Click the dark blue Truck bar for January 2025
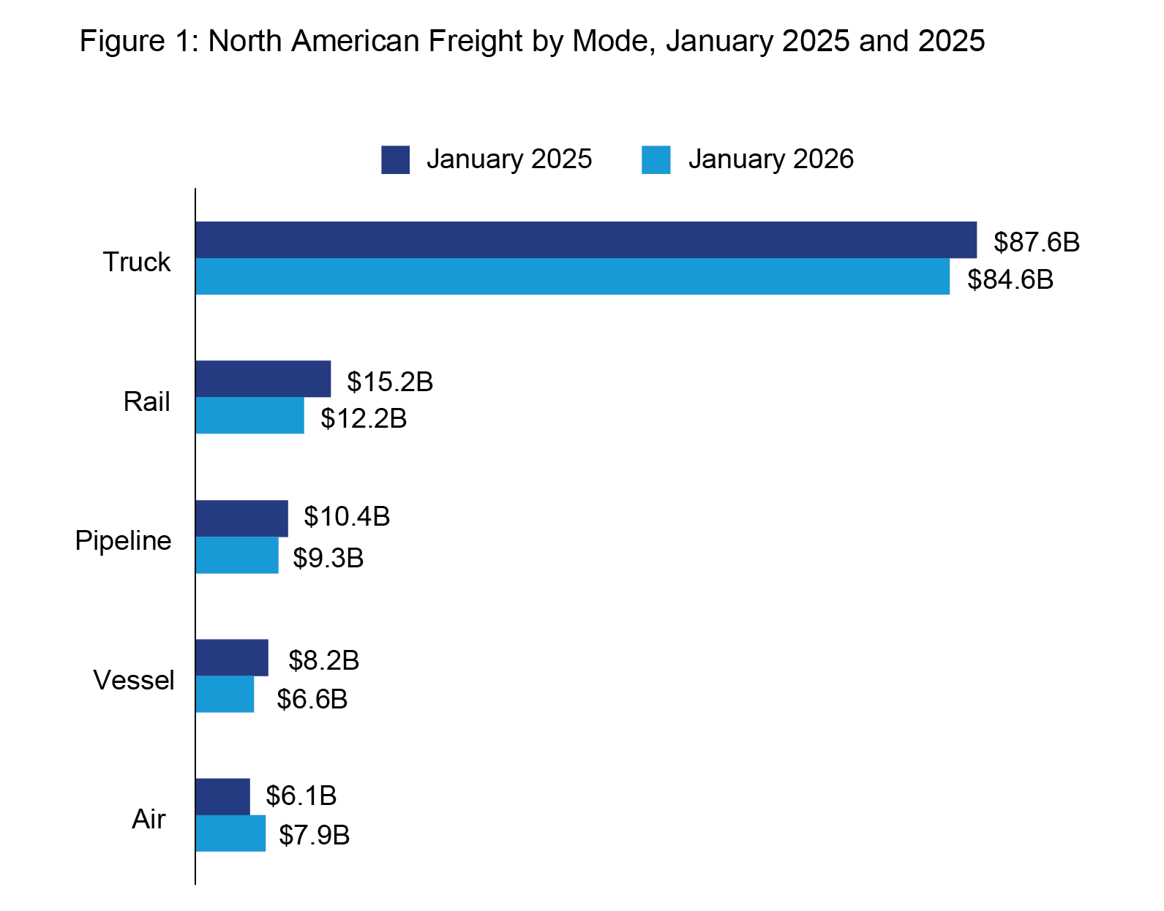pyautogui.click(x=585, y=240)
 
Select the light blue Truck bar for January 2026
pyautogui.click(x=572, y=276)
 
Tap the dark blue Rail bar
pyautogui.click(x=263, y=379)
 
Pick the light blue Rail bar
pyautogui.click(x=249, y=415)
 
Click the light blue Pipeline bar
pyautogui.click(x=236, y=555)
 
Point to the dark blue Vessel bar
pyautogui.click(x=231, y=657)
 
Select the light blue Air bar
pyautogui.click(x=230, y=833)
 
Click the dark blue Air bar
pyautogui.click(x=222, y=796)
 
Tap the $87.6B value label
pyautogui.click(x=1036, y=242)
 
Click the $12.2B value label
pyautogui.click(x=364, y=418)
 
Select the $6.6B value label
pyautogui.click(x=312, y=699)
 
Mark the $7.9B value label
pyautogui.click(x=315, y=834)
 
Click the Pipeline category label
pyautogui.click(x=123, y=540)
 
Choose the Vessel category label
pyautogui.click(x=134, y=680)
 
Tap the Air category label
pyautogui.click(x=149, y=819)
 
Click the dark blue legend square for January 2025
pyautogui.click(x=395, y=159)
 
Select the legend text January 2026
pyautogui.click(x=770, y=159)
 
